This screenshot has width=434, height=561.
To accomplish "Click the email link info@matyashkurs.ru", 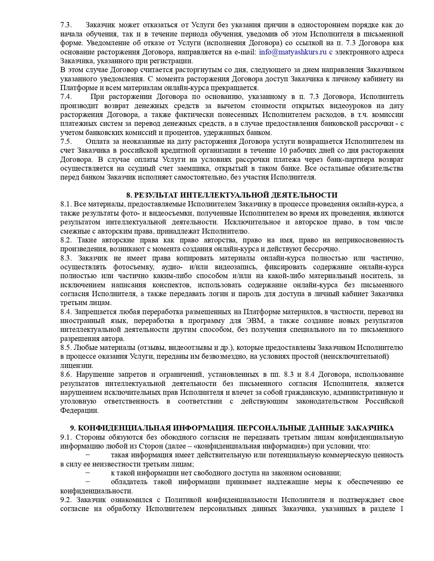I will tap(293, 52).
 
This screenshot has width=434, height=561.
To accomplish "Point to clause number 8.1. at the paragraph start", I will tap(66, 204).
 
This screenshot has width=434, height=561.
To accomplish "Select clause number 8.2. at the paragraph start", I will tap(66, 240).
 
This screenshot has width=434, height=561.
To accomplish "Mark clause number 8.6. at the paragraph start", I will tap(66, 375).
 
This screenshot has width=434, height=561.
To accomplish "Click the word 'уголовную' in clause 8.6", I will tap(78, 401).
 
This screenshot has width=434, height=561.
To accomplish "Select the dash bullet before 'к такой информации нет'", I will tap(87, 473).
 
